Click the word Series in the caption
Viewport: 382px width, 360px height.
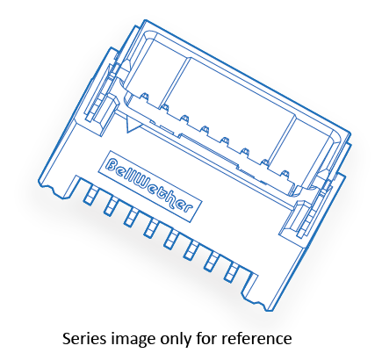84,338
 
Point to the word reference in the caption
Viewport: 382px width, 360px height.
256,338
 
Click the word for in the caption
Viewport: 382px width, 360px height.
206,338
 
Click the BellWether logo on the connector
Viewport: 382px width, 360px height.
149,186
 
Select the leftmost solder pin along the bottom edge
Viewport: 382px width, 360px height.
89,194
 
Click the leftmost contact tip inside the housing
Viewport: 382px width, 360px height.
144,97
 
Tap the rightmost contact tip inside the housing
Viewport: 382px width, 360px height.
285,174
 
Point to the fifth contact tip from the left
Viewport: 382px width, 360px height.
225,141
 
